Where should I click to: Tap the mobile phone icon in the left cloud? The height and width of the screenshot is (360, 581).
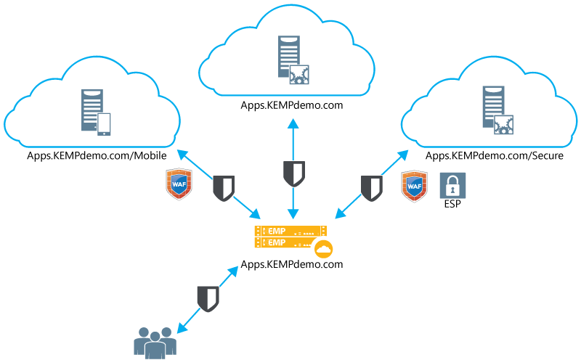coord(104,124)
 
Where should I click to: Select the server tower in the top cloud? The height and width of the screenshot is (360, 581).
coord(288,56)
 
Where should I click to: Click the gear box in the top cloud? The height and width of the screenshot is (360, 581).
coord(300,75)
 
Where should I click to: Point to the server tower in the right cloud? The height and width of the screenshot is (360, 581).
coord(493,106)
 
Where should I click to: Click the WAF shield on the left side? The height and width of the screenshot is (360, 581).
coord(179,184)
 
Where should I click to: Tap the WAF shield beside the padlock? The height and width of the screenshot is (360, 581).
coord(414,186)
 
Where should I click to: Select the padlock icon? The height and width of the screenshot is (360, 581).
coord(452,186)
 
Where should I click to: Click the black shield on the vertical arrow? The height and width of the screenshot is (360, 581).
coord(293,173)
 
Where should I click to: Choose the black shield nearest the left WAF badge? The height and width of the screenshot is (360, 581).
coord(223,188)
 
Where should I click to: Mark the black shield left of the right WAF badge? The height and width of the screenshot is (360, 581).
coord(371,188)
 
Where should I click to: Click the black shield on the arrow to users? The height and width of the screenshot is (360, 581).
coord(208,298)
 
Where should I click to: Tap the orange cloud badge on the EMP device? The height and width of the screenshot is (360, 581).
coord(323,250)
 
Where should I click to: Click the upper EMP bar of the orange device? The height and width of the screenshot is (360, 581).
coord(290,230)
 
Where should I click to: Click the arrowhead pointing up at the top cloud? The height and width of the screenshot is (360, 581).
coord(293,123)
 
